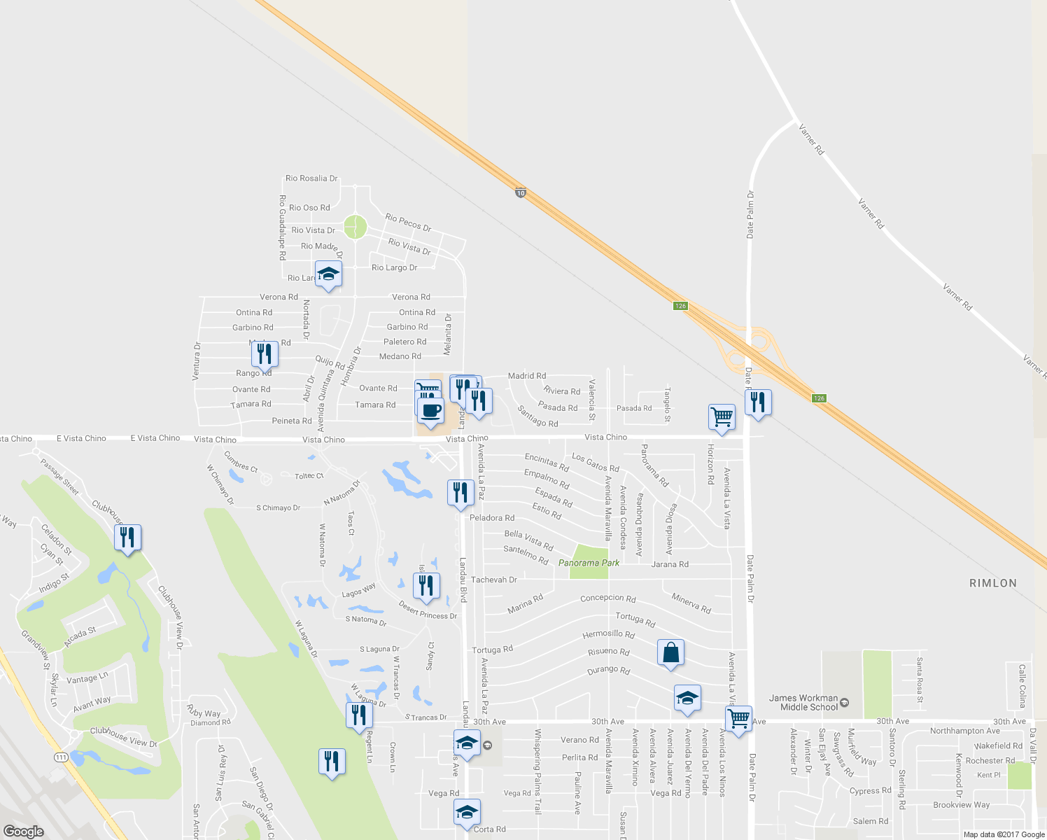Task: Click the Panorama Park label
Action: [x=589, y=563]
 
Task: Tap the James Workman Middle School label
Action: [x=803, y=702]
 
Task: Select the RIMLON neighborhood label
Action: [x=993, y=583]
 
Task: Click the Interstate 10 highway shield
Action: [x=520, y=192]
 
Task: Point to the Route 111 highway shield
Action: [x=61, y=757]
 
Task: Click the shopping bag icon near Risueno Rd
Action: [x=670, y=652]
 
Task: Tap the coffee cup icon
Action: [x=431, y=410]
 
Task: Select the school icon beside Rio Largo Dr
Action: [x=328, y=274]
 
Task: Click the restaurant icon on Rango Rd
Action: [x=264, y=354]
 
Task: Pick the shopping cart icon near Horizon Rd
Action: [x=722, y=417]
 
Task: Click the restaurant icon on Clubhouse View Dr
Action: [x=127, y=538]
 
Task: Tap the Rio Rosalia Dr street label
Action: [x=311, y=178]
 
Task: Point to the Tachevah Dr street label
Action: [x=493, y=580]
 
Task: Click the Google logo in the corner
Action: [x=23, y=831]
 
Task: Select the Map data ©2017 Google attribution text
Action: [x=1004, y=834]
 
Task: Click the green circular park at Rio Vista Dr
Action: [x=355, y=227]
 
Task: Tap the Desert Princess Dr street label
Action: [x=428, y=610]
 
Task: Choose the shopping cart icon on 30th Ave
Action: [x=738, y=719]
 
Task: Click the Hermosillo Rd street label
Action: [x=608, y=635]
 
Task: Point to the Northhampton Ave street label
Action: [x=965, y=731]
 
